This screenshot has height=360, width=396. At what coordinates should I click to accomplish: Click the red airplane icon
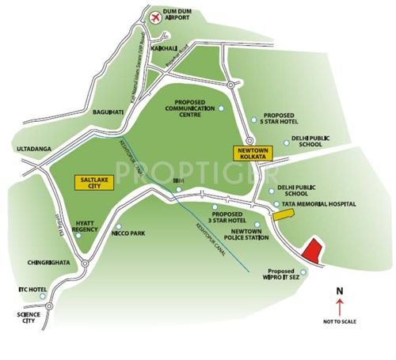coord(153,13)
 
